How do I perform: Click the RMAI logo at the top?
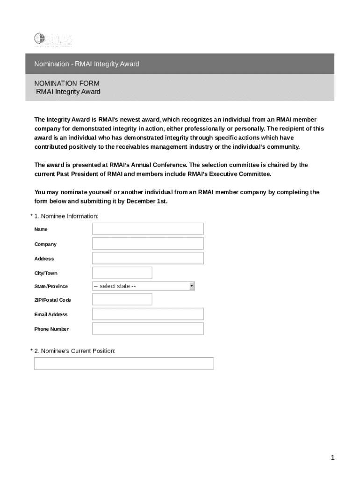(53, 39)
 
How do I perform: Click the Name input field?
(148, 229)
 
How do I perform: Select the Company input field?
(148, 243)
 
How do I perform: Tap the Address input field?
(148, 258)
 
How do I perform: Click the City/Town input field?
(122, 273)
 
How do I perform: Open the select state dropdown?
(143, 286)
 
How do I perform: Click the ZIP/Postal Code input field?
(122, 299)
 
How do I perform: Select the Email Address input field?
(148, 314)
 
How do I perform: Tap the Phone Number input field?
(148, 329)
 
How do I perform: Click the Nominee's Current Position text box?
(124, 363)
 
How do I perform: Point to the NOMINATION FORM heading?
(67, 83)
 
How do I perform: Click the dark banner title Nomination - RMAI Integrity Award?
(86, 64)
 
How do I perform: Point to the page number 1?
(332, 458)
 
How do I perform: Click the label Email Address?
(51, 314)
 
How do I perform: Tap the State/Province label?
(51, 286)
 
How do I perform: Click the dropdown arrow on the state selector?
(192, 286)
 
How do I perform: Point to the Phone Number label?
(51, 329)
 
